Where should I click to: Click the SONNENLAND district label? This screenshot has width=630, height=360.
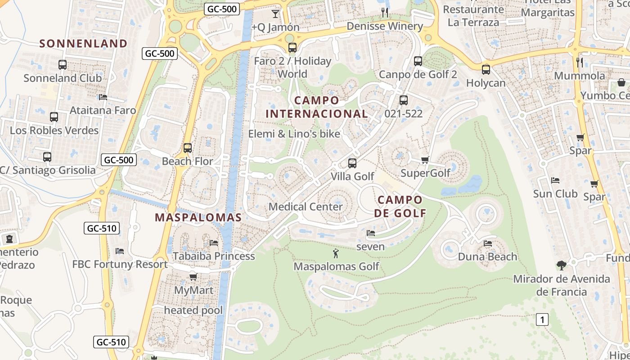83,44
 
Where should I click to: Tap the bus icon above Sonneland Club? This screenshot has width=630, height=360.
63,65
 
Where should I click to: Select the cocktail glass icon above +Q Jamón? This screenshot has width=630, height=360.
275,14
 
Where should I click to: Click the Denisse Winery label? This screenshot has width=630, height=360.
385,26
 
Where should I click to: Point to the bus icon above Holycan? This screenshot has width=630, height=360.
486,70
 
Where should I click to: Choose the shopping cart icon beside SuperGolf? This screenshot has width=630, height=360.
425,160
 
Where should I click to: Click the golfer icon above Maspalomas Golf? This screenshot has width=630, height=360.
336,253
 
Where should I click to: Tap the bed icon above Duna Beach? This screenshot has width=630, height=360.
488,243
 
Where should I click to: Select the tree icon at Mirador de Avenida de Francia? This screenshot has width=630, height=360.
561,265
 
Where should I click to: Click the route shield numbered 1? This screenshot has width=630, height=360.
543,319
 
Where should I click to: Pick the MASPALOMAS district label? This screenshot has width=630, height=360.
198,217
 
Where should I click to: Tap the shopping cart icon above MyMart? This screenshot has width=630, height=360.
193,277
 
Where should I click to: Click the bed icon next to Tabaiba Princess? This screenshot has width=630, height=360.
214,243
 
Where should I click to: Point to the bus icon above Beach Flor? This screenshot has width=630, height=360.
188,148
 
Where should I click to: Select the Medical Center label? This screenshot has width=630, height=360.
306,207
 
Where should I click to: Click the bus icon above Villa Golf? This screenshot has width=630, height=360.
352,163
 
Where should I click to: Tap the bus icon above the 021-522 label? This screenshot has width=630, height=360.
404,100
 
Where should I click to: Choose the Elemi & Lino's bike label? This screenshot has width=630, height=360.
294,134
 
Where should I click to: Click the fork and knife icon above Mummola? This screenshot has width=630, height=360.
580,62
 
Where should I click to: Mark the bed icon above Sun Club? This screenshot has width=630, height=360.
555,180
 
